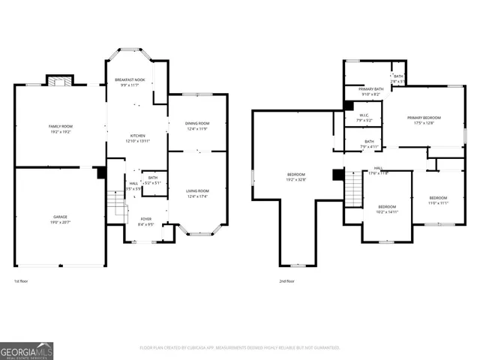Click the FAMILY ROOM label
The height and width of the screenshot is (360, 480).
pyautogui.click(x=60, y=126)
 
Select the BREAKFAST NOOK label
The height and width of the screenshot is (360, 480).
pyautogui.click(x=129, y=79)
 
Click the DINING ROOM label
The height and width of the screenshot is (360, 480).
pyautogui.click(x=197, y=123)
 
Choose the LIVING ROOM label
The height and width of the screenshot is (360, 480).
pyautogui.click(x=197, y=191)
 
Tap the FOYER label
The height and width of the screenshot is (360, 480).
pyautogui.click(x=145, y=218)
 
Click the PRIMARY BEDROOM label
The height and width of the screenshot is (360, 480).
pyautogui.click(x=424, y=118)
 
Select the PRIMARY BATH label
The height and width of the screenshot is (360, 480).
pyautogui.click(x=370, y=89)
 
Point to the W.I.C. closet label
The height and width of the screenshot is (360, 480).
pyautogui.click(x=364, y=115)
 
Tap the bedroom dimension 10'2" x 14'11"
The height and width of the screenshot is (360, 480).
pyautogui.click(x=387, y=212)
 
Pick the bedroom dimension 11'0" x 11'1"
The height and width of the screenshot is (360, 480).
pyautogui.click(x=438, y=203)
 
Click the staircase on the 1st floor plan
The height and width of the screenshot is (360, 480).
pyautogui.click(x=115, y=202)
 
